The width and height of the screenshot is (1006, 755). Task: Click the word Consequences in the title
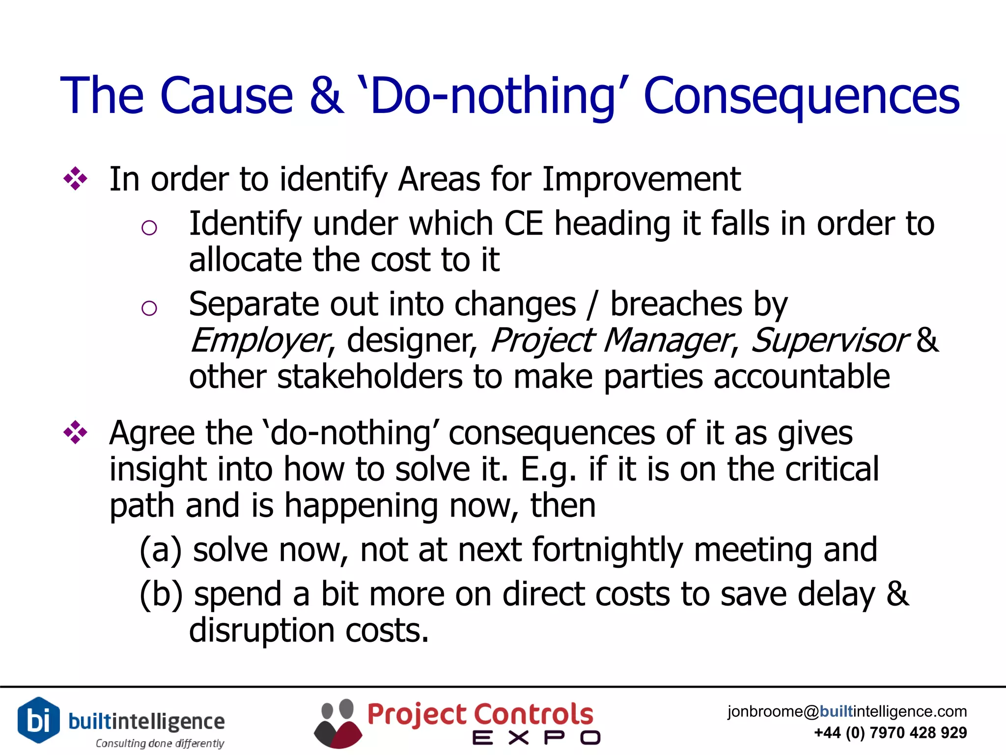(801, 96)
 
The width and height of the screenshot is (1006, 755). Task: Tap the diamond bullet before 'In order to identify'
(75, 179)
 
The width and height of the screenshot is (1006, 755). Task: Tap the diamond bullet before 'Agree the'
(75, 433)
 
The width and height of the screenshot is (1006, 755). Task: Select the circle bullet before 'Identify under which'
(149, 228)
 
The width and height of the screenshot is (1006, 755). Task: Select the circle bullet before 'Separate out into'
(149, 308)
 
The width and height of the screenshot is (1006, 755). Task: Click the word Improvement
(642, 179)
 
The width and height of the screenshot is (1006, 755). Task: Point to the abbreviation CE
(524, 224)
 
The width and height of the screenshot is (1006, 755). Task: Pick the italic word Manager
(667, 340)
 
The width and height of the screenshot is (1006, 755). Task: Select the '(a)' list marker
(161, 550)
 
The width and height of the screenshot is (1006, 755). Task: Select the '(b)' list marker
(161, 594)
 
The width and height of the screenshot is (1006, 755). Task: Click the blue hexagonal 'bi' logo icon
(39, 720)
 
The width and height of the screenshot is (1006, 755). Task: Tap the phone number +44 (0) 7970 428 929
(890, 733)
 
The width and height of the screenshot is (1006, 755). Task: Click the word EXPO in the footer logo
(536, 738)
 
